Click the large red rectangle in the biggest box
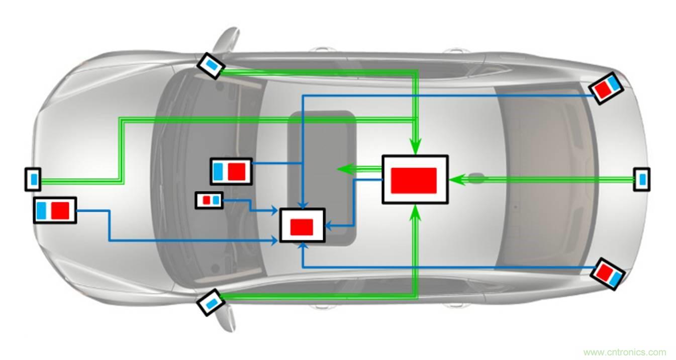tap(414, 180)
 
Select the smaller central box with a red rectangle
tap(302, 225)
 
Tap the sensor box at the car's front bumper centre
tap(33, 179)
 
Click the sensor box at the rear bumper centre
tap(642, 179)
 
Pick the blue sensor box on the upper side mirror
tap(211, 65)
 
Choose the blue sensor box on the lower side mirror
tap(211, 302)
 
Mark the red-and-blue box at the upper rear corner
tap(606, 87)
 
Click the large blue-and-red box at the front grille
tap(55, 210)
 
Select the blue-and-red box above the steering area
tap(231, 171)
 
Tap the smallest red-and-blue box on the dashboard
tap(209, 200)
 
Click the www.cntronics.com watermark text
tap(624, 352)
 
